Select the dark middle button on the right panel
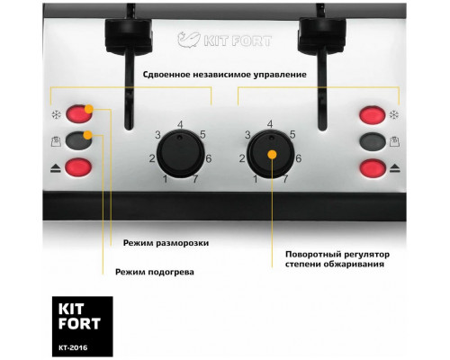371,141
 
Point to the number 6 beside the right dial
298,157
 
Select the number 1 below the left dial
166,179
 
